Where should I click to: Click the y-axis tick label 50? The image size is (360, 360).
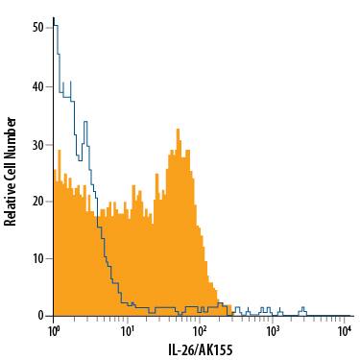click(x=37, y=29)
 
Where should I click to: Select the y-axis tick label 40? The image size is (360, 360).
click(x=37, y=86)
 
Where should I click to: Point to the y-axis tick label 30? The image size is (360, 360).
click(x=37, y=144)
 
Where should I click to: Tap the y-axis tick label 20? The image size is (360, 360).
click(x=37, y=202)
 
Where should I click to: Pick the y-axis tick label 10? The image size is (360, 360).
click(x=37, y=259)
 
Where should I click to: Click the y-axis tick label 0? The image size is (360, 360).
click(x=40, y=316)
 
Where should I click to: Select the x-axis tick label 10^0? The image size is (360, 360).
click(x=54, y=330)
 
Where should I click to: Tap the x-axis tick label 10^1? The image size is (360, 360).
click(x=127, y=330)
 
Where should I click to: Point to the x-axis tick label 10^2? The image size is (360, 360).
click(x=200, y=330)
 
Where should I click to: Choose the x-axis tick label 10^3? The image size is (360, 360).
click(x=273, y=330)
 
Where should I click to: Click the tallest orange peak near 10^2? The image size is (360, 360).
click(x=179, y=130)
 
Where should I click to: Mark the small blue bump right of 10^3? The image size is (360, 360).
click(x=303, y=309)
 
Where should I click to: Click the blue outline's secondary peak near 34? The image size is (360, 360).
click(x=85, y=122)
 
